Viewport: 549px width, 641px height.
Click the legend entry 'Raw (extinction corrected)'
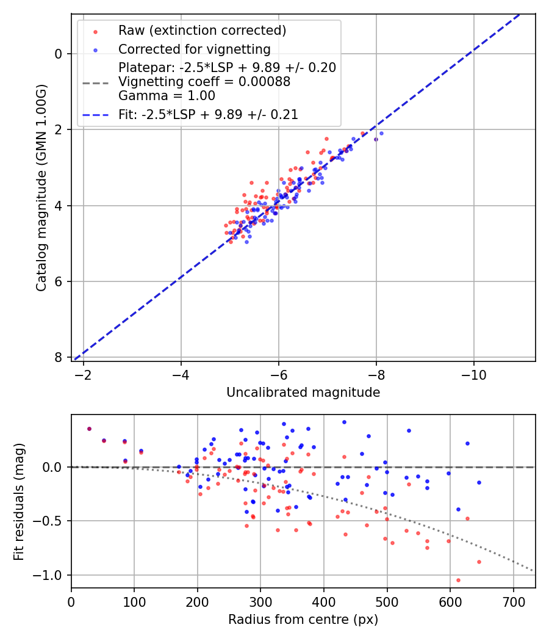[202, 30]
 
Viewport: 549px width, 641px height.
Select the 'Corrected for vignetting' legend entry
[194, 49]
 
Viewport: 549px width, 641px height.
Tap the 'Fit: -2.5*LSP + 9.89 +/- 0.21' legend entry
[208, 114]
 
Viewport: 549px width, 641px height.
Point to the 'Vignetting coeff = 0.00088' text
[204, 82]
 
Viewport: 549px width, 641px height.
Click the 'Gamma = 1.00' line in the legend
[167, 96]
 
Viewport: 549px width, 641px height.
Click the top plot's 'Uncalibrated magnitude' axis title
[303, 393]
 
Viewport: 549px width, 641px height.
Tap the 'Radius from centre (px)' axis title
[303, 620]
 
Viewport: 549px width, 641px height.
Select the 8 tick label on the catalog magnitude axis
[59, 357]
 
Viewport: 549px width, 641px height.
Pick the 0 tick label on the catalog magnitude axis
[59, 54]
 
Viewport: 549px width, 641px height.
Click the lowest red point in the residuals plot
[458, 580]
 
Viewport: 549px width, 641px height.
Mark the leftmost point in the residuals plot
[89, 429]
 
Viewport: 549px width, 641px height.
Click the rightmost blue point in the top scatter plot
[381, 133]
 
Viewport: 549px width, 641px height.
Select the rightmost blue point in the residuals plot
[479, 482]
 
